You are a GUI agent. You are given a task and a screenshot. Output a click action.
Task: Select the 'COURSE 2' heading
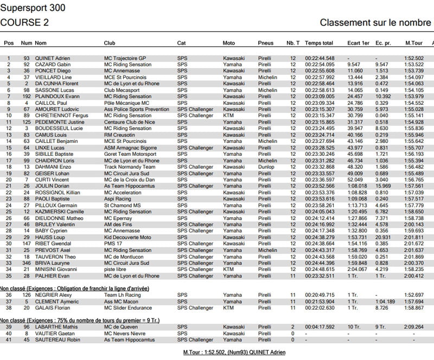click(x=24, y=22)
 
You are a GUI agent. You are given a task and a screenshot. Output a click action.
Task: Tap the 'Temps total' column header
click(x=318, y=42)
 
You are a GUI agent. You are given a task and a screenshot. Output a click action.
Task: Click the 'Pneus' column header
click(x=266, y=42)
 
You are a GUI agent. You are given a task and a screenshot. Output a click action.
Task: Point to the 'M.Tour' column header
click(x=414, y=42)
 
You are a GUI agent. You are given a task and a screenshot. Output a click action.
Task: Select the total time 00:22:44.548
click(x=319, y=58)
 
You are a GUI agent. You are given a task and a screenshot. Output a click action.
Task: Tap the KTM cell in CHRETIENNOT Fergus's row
click(x=228, y=116)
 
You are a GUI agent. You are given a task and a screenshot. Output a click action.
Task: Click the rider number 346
click(x=26, y=263)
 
